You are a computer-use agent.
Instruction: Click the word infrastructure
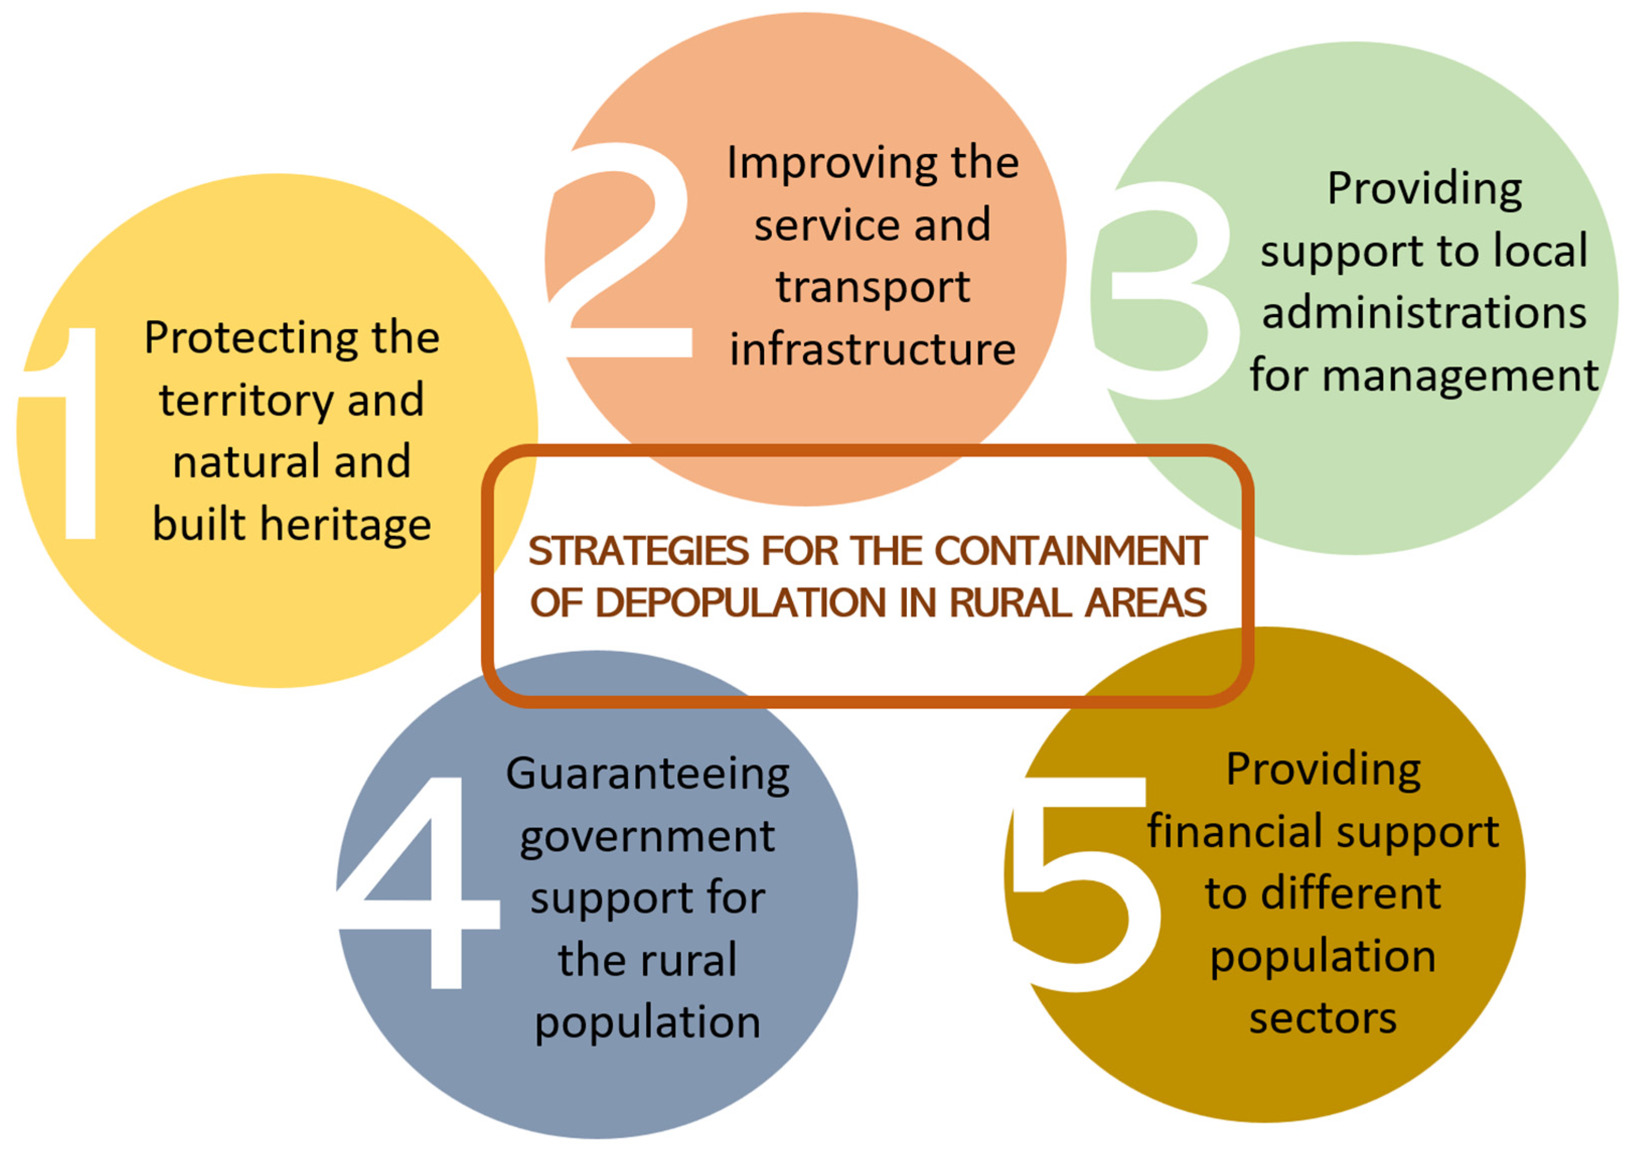click(872, 350)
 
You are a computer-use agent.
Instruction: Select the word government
click(647, 837)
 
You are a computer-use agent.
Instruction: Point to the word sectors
click(1323, 1019)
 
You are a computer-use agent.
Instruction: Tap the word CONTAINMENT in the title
click(1070, 552)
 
